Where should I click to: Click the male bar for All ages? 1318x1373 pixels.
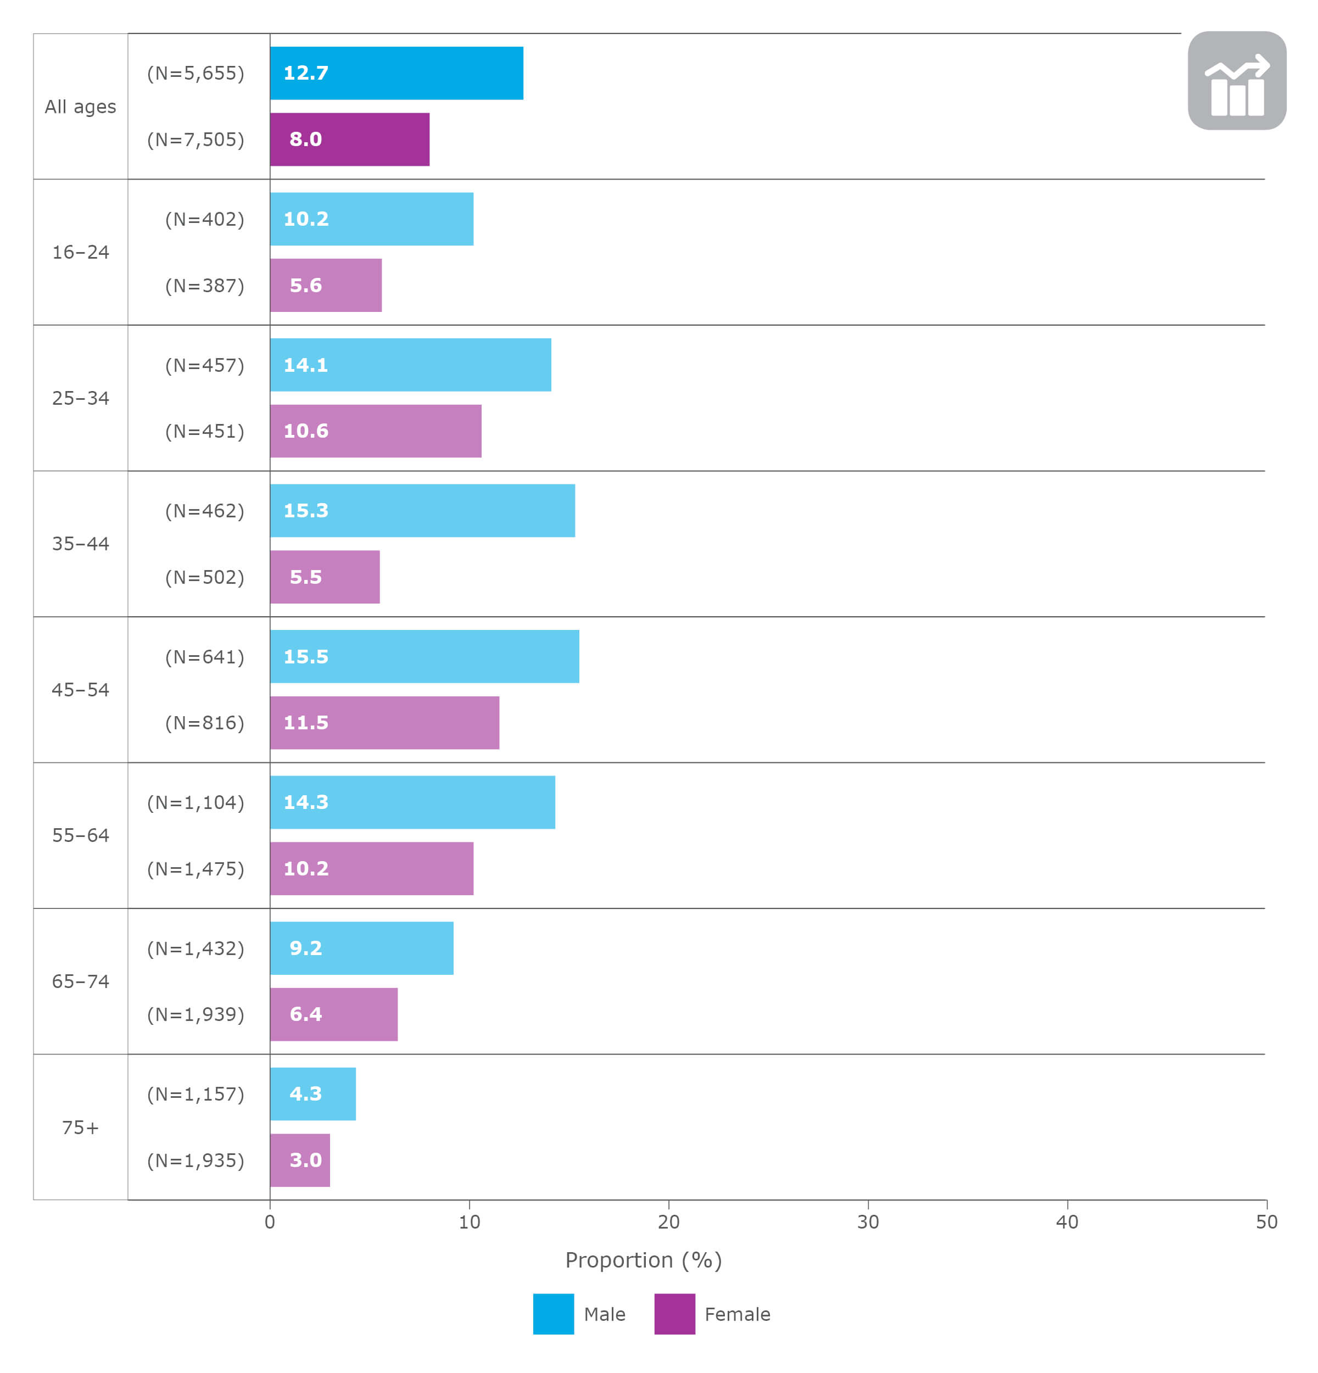coord(396,73)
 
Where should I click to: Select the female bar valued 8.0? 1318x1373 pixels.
coord(349,139)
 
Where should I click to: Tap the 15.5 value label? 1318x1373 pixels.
coord(305,656)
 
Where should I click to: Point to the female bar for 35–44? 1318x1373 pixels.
coord(325,577)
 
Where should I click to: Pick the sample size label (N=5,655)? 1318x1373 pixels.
coord(196,73)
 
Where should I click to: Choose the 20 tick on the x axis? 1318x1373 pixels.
coord(668,1221)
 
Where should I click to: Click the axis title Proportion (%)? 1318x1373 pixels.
coord(643,1259)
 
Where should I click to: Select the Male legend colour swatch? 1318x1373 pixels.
coord(553,1314)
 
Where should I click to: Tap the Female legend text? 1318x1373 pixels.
coord(737,1314)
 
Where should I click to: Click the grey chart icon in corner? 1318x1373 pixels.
coord(1237,81)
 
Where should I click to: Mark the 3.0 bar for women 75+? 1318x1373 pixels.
coord(300,1160)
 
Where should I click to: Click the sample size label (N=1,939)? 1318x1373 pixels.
coord(196,1014)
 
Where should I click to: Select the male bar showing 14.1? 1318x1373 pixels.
coord(410,365)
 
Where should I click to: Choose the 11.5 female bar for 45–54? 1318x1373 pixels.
coord(384,722)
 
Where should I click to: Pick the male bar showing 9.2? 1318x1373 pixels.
coord(361,948)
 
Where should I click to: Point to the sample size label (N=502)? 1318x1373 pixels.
coord(204,577)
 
